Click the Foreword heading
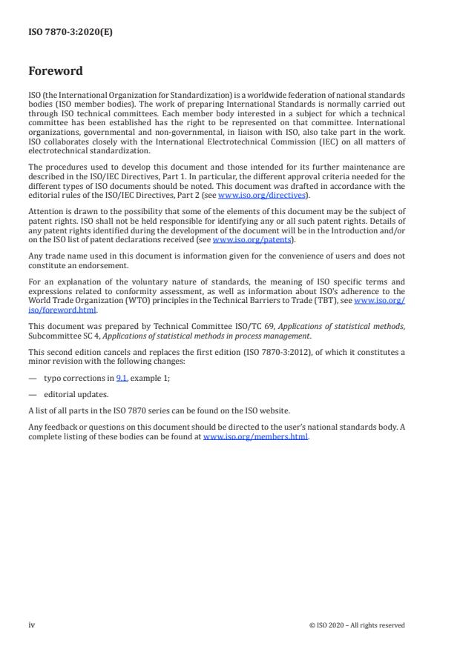click(56, 71)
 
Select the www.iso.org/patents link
click(242, 240)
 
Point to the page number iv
click(32, 625)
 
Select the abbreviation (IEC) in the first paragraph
click(317, 141)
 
